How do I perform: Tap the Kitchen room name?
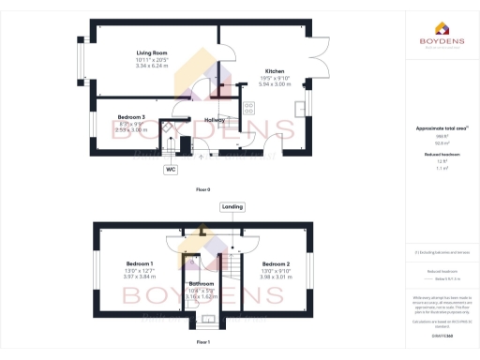[275, 70]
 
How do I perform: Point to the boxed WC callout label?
[171, 170]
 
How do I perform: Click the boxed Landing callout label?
[232, 206]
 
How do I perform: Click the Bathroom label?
[202, 283]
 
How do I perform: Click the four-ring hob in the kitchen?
[250, 109]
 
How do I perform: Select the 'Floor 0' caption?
[202, 190]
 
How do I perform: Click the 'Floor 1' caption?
[202, 343]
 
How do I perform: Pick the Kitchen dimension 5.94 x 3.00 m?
[275, 82]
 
